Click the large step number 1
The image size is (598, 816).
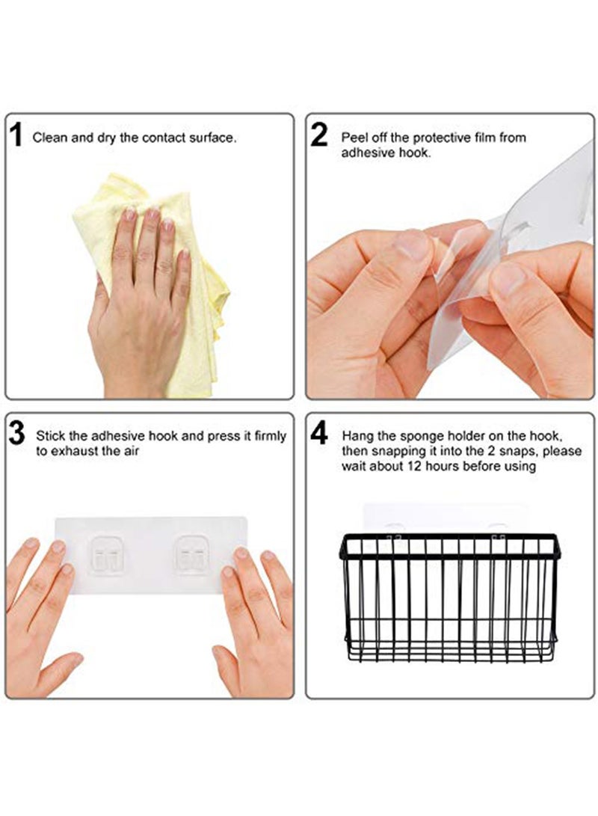[x=16, y=135]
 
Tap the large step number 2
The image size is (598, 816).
[x=318, y=135]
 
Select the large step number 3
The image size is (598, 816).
[x=17, y=433]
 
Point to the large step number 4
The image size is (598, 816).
[x=318, y=433]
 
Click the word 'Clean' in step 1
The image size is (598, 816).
[x=49, y=138]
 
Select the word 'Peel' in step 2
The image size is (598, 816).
[x=353, y=138]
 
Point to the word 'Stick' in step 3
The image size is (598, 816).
[x=50, y=435]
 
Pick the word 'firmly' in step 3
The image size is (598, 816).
[x=271, y=435]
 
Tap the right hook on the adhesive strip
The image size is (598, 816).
[x=191, y=553]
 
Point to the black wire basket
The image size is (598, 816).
[x=450, y=597]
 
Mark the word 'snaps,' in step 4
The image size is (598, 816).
[x=515, y=451]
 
